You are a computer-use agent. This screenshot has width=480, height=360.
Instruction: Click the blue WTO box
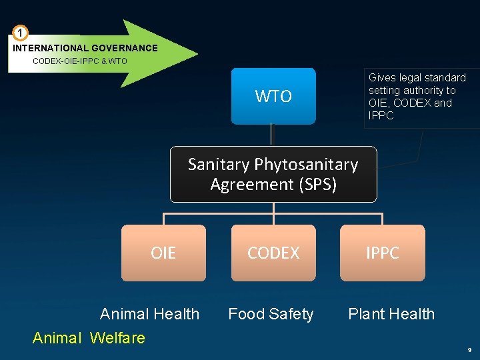click(x=273, y=96)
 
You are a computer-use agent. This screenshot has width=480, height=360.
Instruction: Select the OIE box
click(x=163, y=253)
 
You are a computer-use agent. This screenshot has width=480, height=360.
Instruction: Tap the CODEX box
click(x=273, y=253)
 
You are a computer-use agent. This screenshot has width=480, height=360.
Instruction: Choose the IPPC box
click(x=382, y=253)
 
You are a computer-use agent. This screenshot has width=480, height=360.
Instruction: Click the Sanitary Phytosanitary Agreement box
click(x=273, y=174)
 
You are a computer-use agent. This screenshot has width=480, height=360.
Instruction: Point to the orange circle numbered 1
click(x=21, y=33)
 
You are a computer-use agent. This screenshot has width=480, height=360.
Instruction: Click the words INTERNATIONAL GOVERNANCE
click(x=85, y=48)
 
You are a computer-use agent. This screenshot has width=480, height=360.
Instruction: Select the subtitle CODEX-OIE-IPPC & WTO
click(x=80, y=61)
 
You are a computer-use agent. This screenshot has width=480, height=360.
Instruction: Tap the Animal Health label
click(x=149, y=314)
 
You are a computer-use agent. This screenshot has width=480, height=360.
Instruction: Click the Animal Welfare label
click(x=89, y=338)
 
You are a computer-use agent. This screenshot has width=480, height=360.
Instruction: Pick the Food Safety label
click(x=271, y=314)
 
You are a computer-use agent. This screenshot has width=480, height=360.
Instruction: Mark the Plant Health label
click(x=391, y=314)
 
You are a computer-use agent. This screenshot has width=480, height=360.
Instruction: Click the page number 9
click(x=469, y=349)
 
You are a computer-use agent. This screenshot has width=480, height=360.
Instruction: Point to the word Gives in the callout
click(x=382, y=78)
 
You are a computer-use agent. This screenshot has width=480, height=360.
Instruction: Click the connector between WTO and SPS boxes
click(x=272, y=135)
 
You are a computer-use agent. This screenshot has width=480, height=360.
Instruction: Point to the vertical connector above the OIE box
click(x=164, y=219)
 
